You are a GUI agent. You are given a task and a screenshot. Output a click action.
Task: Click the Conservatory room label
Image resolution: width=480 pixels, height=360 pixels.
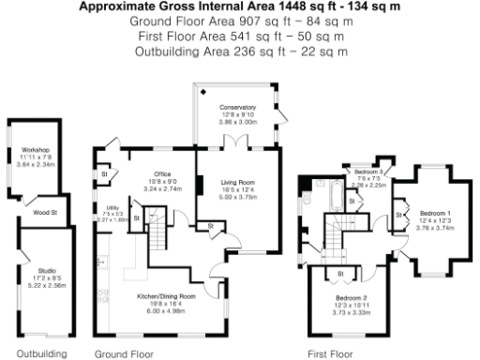tap(237, 108)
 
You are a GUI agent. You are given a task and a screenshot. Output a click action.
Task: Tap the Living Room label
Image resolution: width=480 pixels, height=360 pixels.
tap(237, 182)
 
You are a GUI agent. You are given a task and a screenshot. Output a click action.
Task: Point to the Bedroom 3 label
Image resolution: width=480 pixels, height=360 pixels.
tap(371, 172)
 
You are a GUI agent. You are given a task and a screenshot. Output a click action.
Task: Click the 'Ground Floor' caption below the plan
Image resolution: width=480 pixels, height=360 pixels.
tap(124, 353)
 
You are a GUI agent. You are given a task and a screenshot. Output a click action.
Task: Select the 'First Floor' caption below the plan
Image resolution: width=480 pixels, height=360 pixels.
tap(330, 353)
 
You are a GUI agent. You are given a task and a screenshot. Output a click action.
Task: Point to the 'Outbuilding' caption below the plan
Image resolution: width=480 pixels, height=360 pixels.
tap(42, 353)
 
